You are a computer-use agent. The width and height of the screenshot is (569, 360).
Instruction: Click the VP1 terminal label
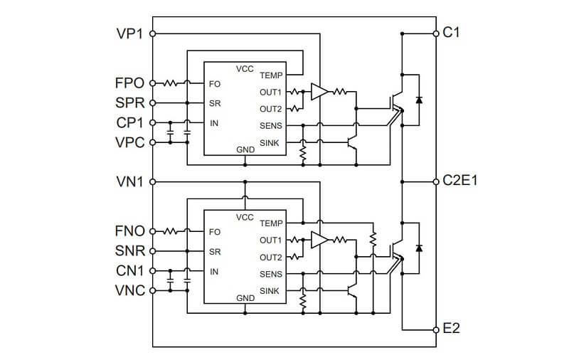[x=129, y=33]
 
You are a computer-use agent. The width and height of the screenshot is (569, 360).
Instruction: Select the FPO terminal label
[x=129, y=83]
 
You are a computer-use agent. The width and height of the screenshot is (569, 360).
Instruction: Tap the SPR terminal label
[x=129, y=102]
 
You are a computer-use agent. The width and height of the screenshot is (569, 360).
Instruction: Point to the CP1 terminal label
[x=129, y=122]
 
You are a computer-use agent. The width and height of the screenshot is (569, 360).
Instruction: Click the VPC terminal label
[x=129, y=142]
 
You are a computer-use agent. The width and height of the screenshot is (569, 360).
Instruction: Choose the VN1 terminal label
[x=129, y=181]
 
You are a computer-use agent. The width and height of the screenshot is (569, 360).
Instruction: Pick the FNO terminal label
[x=129, y=231]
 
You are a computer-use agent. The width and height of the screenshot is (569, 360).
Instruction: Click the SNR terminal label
[x=129, y=251]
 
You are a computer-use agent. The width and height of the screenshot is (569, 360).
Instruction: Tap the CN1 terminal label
[x=129, y=271]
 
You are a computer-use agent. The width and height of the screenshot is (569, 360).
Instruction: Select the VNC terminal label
[x=129, y=290]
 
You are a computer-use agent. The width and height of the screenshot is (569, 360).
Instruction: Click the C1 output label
[x=452, y=33]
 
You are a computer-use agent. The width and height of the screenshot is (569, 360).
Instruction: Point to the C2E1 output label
[x=460, y=181]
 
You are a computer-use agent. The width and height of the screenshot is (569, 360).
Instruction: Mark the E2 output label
[x=452, y=329]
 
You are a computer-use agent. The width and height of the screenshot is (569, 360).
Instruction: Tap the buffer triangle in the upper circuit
[x=319, y=92]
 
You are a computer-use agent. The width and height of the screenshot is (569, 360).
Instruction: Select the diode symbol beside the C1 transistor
[x=418, y=99]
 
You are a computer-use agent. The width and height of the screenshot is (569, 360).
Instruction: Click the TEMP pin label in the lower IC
[x=271, y=223]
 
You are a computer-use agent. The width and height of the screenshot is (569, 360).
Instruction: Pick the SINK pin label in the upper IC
[x=270, y=143]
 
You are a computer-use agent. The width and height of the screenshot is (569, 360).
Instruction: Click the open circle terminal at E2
[x=436, y=329]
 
